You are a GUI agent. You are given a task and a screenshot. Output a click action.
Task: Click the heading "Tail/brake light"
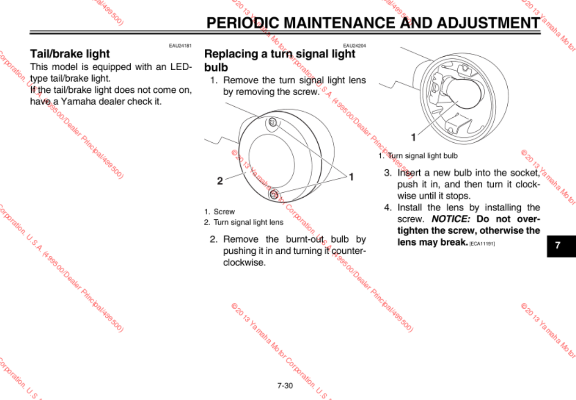[70, 53]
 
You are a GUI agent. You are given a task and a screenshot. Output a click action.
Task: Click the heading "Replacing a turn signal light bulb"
[279, 60]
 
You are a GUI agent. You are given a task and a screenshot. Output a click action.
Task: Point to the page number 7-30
[285, 386]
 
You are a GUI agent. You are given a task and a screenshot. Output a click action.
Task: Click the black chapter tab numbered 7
[558, 245]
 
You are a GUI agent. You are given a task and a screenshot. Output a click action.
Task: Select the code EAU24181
[180, 46]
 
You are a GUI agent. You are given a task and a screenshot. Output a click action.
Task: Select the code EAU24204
[354, 46]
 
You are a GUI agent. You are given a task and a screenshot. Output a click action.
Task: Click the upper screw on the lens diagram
[272, 122]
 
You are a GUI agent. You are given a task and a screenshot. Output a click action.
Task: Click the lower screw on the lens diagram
[274, 194]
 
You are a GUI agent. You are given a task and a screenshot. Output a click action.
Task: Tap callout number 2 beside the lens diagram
[220, 181]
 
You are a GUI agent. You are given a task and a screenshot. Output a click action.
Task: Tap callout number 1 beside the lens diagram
[351, 176]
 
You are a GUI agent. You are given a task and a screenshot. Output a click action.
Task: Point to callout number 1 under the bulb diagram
[413, 137]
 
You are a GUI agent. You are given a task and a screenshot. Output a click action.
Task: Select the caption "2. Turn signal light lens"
[243, 222]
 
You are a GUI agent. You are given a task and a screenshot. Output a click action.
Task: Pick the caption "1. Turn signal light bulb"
[418, 156]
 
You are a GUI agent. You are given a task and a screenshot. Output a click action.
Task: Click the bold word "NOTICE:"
[451, 219]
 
